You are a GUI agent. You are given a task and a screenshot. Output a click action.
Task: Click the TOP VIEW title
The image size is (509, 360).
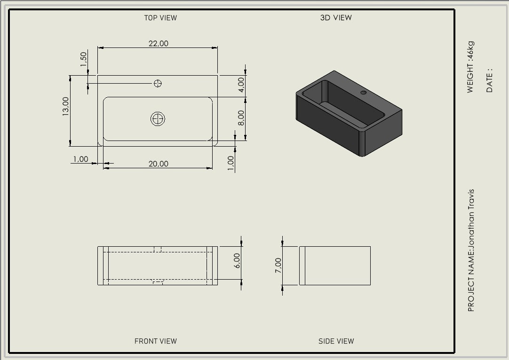pos(160,18)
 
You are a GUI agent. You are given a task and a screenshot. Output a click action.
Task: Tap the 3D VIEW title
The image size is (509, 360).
pos(336,18)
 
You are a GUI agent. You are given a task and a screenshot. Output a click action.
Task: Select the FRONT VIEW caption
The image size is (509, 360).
pos(156,341)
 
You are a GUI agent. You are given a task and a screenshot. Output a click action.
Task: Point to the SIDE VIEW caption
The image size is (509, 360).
pos(336,341)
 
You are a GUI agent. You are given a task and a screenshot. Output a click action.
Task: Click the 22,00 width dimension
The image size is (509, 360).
pos(159,43)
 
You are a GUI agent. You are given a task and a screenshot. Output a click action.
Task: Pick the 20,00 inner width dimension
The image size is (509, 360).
pos(159,164)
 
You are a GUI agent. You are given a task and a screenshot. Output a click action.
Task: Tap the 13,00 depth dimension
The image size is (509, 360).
pos(65,106)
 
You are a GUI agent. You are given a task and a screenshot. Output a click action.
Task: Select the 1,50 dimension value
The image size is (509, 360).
pos(83,59)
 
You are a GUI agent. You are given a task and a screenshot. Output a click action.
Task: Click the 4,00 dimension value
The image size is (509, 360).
pos(241,85)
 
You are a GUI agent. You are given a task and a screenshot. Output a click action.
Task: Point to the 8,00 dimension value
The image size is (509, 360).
pos(241,118)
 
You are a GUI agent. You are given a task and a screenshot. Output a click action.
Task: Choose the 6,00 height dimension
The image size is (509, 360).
pos(237,260)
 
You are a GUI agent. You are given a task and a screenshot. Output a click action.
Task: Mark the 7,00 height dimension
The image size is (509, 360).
pos(278,265)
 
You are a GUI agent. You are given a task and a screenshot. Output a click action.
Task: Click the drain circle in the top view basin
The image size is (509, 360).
pos(158,119)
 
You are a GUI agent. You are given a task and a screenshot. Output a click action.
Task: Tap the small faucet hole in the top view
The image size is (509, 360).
pos(158,83)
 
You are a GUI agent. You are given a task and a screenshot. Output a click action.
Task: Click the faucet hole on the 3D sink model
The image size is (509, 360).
pos(364,93)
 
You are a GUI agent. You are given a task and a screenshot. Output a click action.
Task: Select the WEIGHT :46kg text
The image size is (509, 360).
pos(470,67)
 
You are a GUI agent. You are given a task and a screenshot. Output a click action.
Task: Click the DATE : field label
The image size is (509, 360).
pos(489,80)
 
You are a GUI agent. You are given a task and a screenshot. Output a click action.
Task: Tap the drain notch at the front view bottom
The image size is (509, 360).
pos(158,282)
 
